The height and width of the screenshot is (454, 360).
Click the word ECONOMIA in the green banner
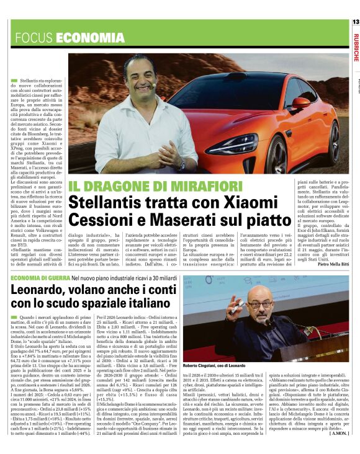pos(81,38)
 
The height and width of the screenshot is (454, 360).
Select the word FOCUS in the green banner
pos(34,38)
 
